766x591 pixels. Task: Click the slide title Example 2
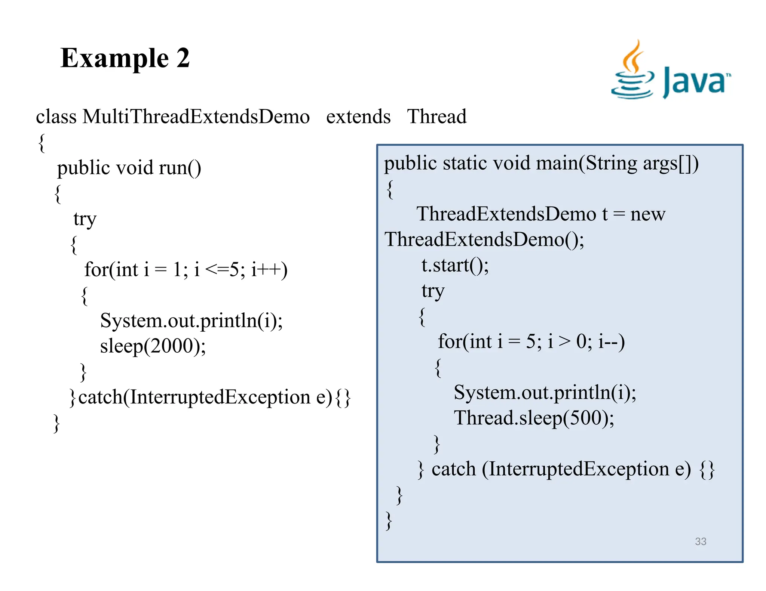(125, 58)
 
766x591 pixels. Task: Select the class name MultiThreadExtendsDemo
(196, 117)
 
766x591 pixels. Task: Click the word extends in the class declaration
(358, 117)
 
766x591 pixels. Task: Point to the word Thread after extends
(436, 117)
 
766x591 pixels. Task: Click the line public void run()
(129, 168)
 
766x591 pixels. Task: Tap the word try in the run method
(85, 219)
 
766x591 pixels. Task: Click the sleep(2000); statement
(153, 346)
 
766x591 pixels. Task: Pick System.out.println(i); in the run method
(191, 321)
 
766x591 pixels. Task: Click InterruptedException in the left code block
(220, 397)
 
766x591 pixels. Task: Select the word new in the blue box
(647, 214)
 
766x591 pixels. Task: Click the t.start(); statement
(455, 265)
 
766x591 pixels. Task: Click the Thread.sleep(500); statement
(534, 418)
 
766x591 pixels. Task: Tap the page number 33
(700, 541)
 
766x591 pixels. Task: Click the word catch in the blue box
(453, 469)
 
